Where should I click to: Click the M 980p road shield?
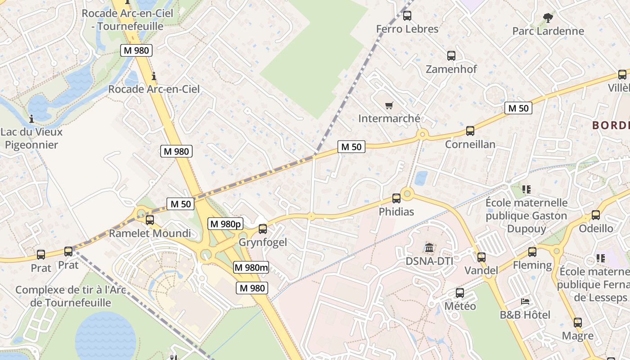pos(225,224)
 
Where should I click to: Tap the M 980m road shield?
pos(251,268)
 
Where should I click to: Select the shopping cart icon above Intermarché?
pos(389,106)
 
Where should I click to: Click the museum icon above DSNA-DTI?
pos(429,247)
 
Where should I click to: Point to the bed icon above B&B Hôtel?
pos(525,301)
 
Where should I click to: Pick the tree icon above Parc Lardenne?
pos(548,18)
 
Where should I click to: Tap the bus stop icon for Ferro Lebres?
pos(407,16)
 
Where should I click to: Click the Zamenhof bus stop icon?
pos(451,56)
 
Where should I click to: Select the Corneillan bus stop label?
pos(470,144)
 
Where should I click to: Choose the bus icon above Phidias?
pos(396,198)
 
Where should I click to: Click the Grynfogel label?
pos(263,243)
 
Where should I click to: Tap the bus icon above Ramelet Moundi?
pos(150,220)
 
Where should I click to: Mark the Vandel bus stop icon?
pos(481,257)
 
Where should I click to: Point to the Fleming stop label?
pos(532,265)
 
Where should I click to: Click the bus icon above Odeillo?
pos(596,215)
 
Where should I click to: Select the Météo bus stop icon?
pos(460,293)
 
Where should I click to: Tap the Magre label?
pos(577,336)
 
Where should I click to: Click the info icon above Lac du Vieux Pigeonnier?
pos(31,119)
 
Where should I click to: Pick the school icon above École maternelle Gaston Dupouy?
pos(526,189)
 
